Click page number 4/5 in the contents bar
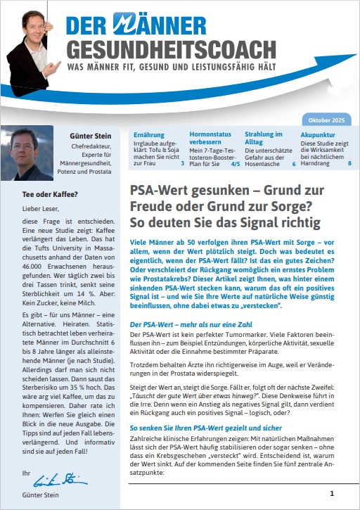234,163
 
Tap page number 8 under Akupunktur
349,163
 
